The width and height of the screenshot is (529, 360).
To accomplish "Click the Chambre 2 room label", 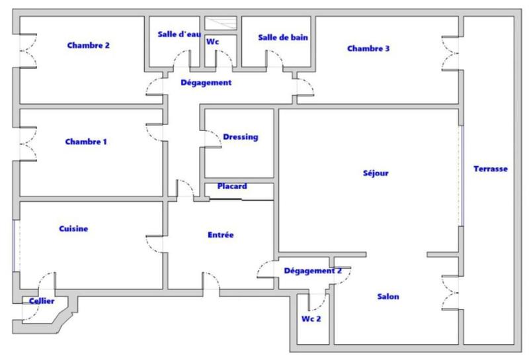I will point(89,46).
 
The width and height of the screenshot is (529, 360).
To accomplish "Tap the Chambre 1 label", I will point(86,142).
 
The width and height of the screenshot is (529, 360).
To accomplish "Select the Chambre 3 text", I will point(368,48).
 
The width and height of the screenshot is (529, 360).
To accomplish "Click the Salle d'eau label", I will point(179,34).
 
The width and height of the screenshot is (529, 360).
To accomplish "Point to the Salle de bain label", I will point(283,38).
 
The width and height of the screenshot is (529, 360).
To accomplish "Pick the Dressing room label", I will point(240,138).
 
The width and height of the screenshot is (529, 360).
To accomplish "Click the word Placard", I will point(232,187).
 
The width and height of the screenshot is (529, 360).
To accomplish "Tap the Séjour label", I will point(376,173).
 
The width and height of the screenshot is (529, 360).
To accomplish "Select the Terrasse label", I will point(491,169).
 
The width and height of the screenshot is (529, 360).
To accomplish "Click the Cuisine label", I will point(73,229).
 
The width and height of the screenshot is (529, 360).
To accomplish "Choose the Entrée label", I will point(220,234).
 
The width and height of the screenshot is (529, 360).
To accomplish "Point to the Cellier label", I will point(41,300).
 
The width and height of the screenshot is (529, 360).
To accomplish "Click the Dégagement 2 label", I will point(313,271).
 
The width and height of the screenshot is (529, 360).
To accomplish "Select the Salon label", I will point(387,296).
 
